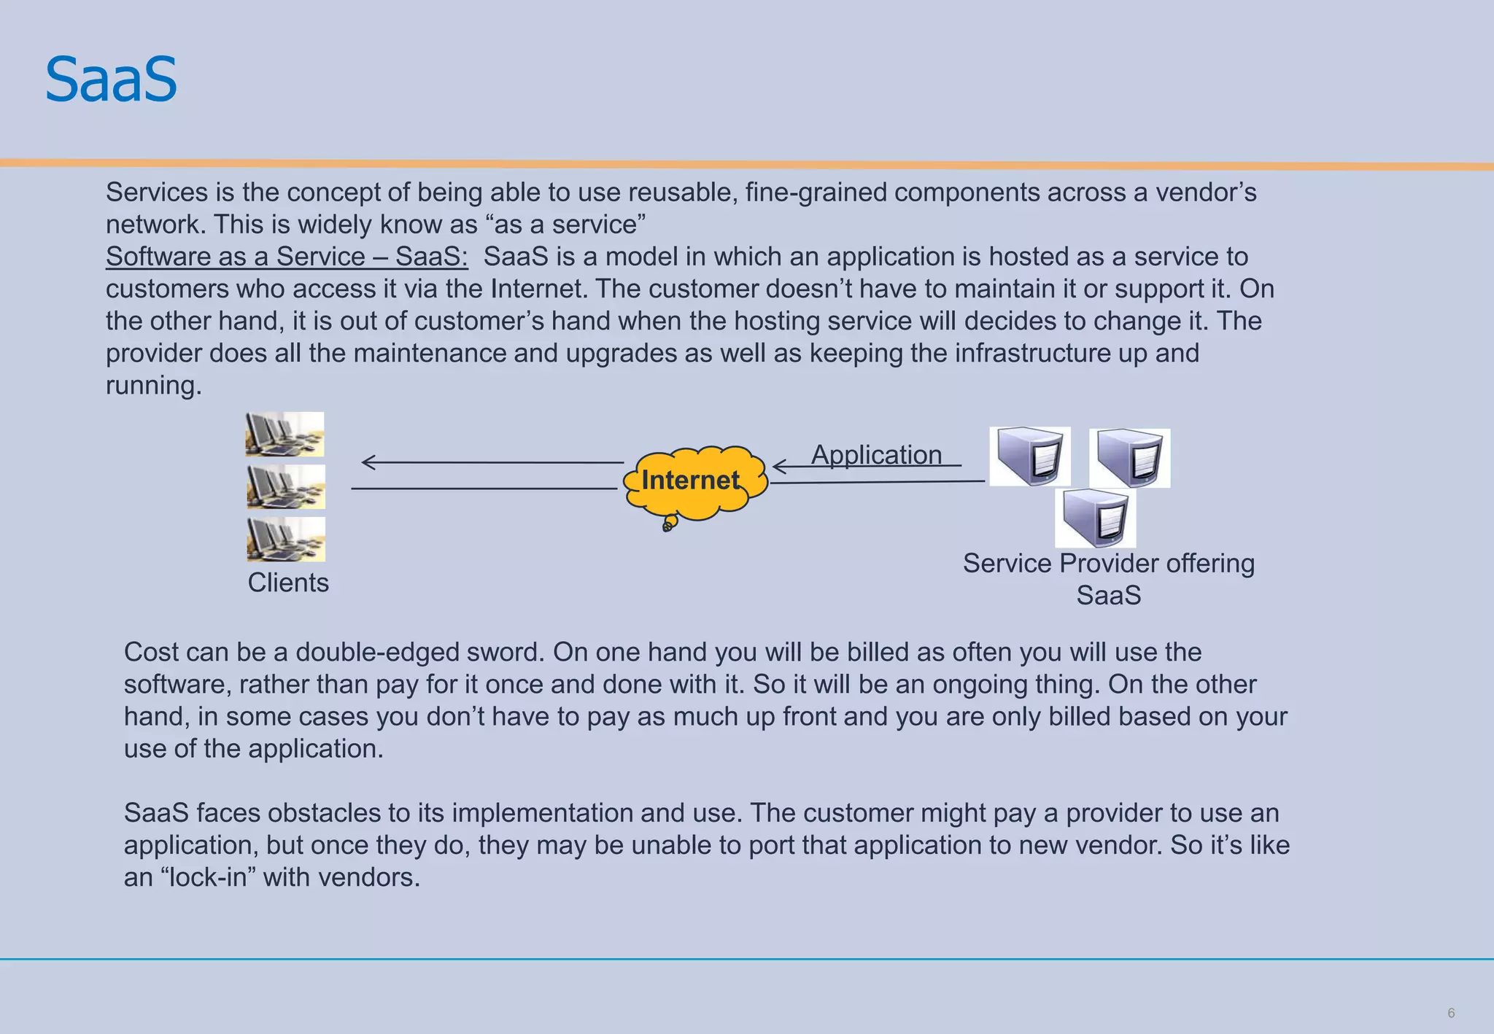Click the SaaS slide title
pyautogui.click(x=111, y=79)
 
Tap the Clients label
pyautogui.click(x=287, y=583)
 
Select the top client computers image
pyautogui.click(x=285, y=434)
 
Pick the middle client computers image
pyautogui.click(x=285, y=487)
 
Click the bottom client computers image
pyautogui.click(x=286, y=540)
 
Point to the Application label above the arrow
pyautogui.click(x=876, y=454)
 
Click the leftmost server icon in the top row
pyautogui.click(x=1029, y=456)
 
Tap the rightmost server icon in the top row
pyautogui.click(x=1129, y=458)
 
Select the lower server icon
pyautogui.click(x=1095, y=518)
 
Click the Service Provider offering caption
pyautogui.click(x=1108, y=564)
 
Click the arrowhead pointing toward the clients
pyautogui.click(x=368, y=462)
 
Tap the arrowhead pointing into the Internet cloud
pyautogui.click(x=778, y=466)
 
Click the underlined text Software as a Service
pyautogui.click(x=286, y=257)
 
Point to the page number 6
pyautogui.click(x=1450, y=1013)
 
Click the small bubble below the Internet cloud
pyautogui.click(x=668, y=524)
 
